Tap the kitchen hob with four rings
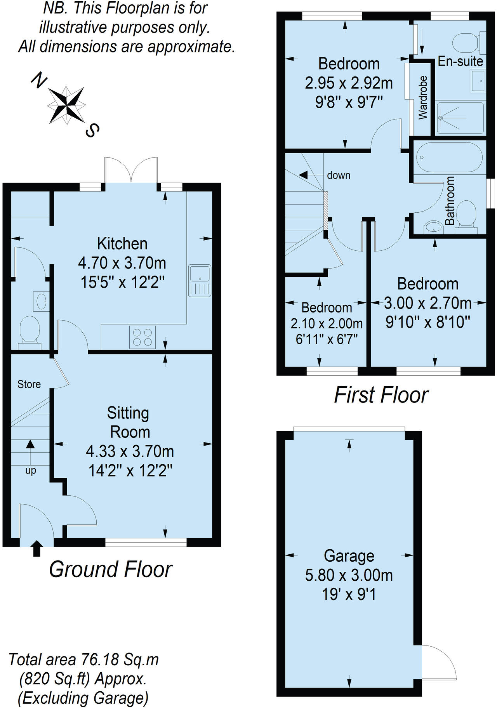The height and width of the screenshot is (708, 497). coord(142,337)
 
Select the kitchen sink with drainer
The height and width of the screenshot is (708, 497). coord(200,281)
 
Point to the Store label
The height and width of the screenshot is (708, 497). coord(29,384)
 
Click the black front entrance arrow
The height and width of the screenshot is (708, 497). coord(36,548)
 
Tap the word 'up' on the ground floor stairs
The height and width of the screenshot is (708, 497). coord(31,471)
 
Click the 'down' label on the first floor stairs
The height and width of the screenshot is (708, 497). coord(339,175)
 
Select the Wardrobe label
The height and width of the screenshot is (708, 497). coord(423,97)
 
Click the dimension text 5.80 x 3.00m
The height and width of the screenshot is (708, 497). coord(349,575)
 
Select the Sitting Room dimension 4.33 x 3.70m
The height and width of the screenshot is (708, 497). coord(130,451)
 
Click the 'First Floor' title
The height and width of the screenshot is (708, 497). coord(381,395)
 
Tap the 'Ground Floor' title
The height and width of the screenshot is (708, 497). coord(110,569)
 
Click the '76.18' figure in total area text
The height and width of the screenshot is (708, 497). coord(101,659)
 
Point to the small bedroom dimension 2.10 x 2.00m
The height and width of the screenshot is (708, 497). coord(327,323)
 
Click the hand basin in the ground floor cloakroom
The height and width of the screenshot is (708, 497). coord(42,301)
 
